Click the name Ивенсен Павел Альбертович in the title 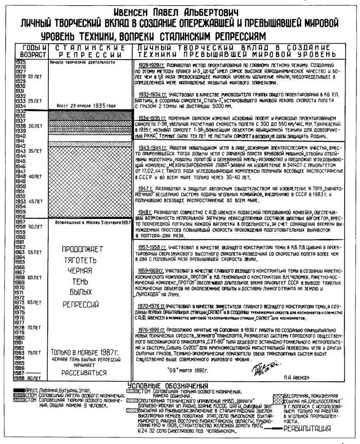click(179, 10)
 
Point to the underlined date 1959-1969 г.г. click(149, 269)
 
